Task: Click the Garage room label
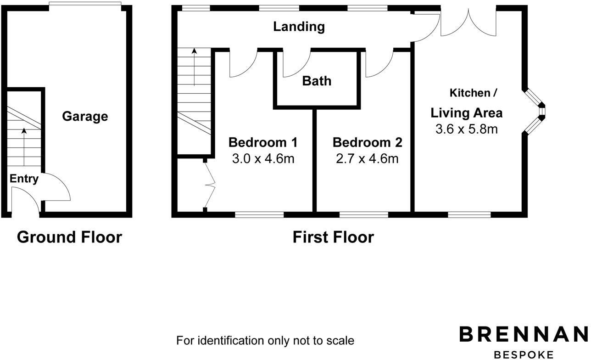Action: [85, 117]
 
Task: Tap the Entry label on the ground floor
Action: [24, 179]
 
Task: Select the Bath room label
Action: [317, 81]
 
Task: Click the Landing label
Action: [299, 27]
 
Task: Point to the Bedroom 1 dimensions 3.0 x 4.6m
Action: [263, 159]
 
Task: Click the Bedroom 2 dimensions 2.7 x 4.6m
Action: [367, 159]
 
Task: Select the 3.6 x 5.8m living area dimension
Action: [466, 129]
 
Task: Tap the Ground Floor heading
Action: [69, 237]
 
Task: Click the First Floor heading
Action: [333, 237]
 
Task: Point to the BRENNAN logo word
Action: [524, 334]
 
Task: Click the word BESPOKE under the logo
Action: [524, 354]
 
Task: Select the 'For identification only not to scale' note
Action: [265, 341]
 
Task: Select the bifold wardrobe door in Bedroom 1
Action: [210, 186]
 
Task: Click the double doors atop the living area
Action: [468, 23]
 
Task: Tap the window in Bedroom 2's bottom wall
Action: [363, 214]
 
